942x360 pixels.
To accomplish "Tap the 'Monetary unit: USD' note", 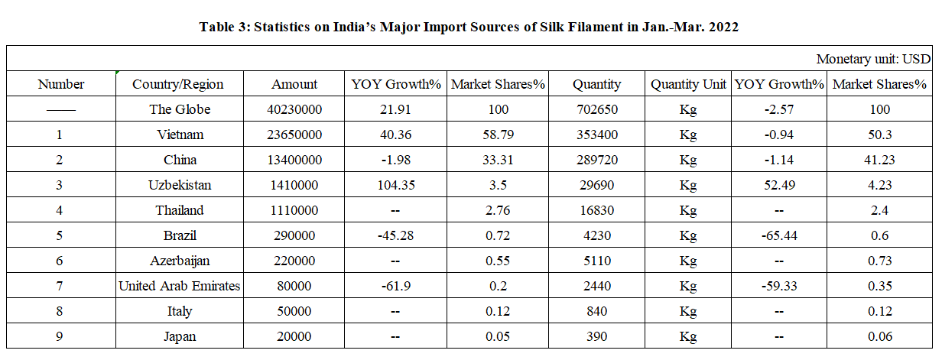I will [x=873, y=59].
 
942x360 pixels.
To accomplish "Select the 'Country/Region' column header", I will [x=177, y=84].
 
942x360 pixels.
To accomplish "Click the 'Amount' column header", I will [x=294, y=84].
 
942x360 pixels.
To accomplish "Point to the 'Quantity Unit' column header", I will [x=688, y=84].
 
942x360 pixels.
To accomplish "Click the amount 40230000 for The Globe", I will [x=294, y=109].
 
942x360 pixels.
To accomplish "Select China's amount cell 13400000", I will [x=294, y=160].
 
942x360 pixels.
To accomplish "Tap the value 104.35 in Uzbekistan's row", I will [x=395, y=185].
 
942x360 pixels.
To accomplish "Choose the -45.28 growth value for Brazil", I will [x=395, y=235].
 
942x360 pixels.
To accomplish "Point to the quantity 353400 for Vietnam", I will [x=598, y=135].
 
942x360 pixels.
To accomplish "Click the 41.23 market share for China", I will [x=879, y=160].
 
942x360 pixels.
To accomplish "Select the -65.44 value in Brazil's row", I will [x=779, y=235].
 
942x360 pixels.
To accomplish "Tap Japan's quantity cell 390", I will [x=598, y=336].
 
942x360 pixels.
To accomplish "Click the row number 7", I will [x=60, y=286].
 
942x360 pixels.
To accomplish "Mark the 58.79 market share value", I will [x=497, y=135].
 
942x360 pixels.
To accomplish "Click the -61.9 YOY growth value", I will [x=395, y=286].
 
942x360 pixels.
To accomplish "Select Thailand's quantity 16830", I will [x=598, y=210].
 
